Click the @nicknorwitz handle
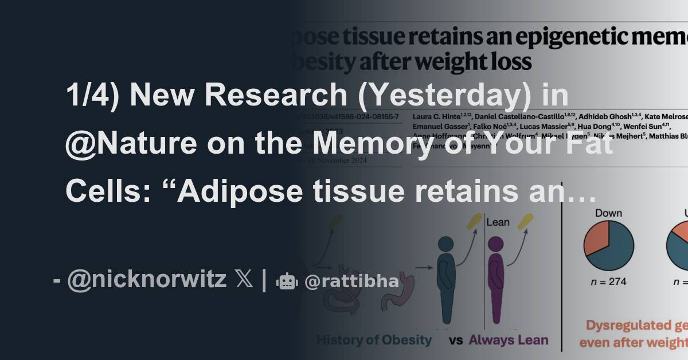click(147, 280)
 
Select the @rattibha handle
click(351, 281)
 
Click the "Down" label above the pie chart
click(608, 213)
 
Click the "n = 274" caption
click(608, 281)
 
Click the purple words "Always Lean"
click(509, 340)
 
